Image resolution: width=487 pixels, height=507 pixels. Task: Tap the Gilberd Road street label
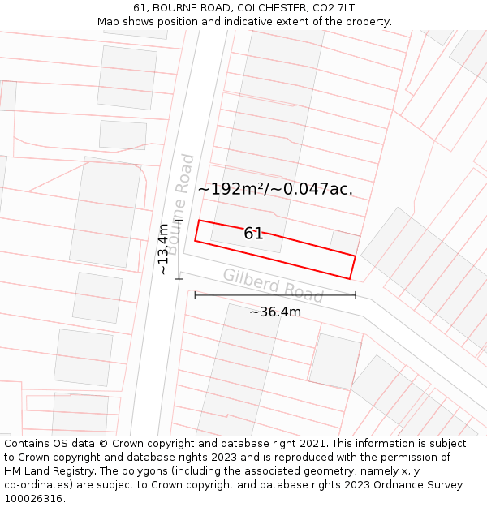pyautogui.click(x=273, y=286)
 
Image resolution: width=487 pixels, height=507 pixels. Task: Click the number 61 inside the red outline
pyautogui.click(x=253, y=234)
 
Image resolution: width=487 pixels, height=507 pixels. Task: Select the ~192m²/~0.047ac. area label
pyautogui.click(x=275, y=189)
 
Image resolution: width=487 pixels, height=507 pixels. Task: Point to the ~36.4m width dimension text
pyautogui.click(x=275, y=312)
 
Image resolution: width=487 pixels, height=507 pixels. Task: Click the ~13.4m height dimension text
pyautogui.click(x=163, y=249)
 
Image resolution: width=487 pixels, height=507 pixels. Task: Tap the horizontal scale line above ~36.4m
pyautogui.click(x=275, y=295)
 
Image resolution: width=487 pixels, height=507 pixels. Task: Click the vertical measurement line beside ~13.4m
pyautogui.click(x=179, y=249)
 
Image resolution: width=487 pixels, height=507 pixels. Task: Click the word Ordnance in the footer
pyautogui.click(x=397, y=485)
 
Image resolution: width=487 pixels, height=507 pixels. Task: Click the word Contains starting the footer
pyautogui.click(x=28, y=444)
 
